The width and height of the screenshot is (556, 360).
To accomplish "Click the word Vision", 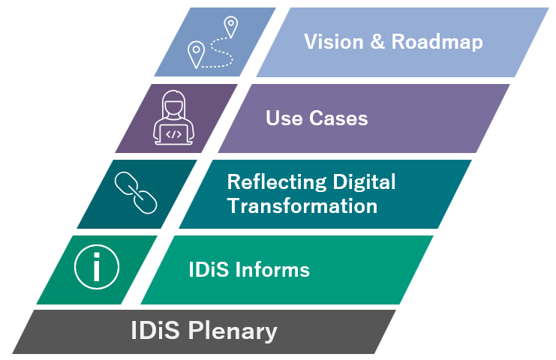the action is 334,42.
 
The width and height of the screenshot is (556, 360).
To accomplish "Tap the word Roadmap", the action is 437,43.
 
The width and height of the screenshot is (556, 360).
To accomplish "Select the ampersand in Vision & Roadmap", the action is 377,42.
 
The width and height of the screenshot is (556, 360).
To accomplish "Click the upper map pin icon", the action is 231,26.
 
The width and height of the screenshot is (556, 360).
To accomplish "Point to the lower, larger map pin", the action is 196,54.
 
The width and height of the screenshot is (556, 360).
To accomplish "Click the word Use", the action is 284,118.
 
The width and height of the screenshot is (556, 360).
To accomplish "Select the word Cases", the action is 338,118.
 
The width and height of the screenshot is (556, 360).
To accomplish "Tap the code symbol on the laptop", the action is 173,134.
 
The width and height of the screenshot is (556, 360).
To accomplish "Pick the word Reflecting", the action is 277,182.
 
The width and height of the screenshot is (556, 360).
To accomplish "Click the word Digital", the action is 364,182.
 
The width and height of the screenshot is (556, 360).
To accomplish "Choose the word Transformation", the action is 302,205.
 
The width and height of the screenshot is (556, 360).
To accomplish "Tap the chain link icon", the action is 136,193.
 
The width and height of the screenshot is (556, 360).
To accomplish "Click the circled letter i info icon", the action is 97,267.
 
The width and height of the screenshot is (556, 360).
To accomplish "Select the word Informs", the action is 272,269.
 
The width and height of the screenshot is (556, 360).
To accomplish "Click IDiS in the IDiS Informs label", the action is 209,269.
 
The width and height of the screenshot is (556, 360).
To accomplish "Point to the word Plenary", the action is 233,331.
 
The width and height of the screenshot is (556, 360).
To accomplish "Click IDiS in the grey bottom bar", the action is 155,330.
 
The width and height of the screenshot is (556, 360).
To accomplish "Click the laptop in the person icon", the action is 174,135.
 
